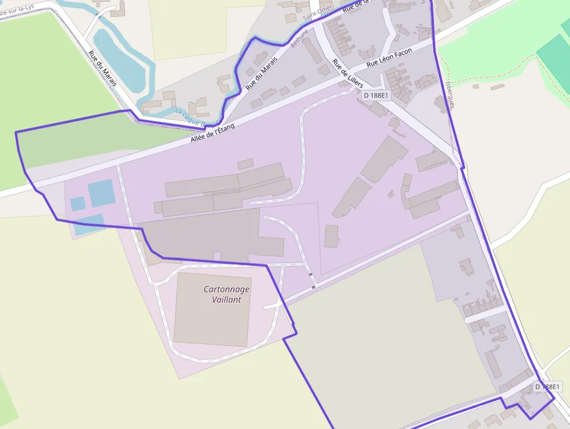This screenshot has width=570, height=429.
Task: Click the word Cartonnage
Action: pos(226,289)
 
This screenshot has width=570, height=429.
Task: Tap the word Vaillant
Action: pos(226,300)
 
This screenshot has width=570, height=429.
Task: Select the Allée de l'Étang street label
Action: pos(213,133)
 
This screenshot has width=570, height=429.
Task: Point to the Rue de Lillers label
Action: pos(348,73)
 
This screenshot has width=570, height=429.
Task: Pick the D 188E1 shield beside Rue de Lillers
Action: pos(376,95)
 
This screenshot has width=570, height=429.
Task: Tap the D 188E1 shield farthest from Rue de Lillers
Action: pos(547,387)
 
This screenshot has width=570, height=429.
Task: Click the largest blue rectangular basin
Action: pos(101,193)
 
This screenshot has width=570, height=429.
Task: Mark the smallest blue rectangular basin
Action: pos(77,204)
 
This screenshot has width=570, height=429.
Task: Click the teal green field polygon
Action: pos(553,58)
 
